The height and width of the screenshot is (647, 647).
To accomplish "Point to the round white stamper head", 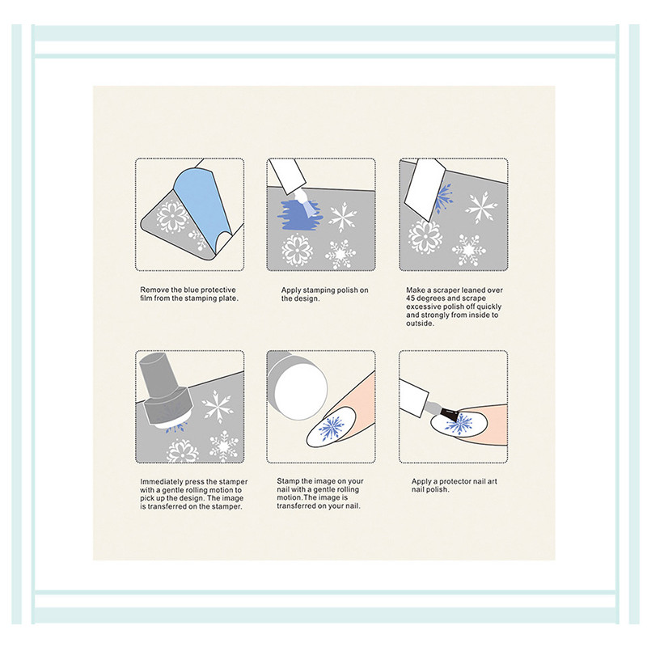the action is coord(300,389).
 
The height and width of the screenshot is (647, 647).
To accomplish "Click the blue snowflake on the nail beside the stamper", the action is coord(332,429).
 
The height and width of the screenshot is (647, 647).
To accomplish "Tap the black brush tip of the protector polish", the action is coord(449,414).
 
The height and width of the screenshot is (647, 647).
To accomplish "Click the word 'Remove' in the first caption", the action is coord(154,290).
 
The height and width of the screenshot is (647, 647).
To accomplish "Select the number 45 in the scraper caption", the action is coord(411,298).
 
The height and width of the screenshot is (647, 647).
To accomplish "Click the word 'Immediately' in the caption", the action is coord(161,482).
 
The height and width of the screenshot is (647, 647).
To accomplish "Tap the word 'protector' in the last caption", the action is coord(455,481).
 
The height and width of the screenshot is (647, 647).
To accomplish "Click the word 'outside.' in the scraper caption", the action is coord(420,323).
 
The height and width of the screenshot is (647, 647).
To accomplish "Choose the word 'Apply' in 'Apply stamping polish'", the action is coord(291,290).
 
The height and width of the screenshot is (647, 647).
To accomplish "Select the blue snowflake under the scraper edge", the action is coord(443,197).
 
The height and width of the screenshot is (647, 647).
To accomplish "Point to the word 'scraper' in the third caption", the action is coord(446,290).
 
